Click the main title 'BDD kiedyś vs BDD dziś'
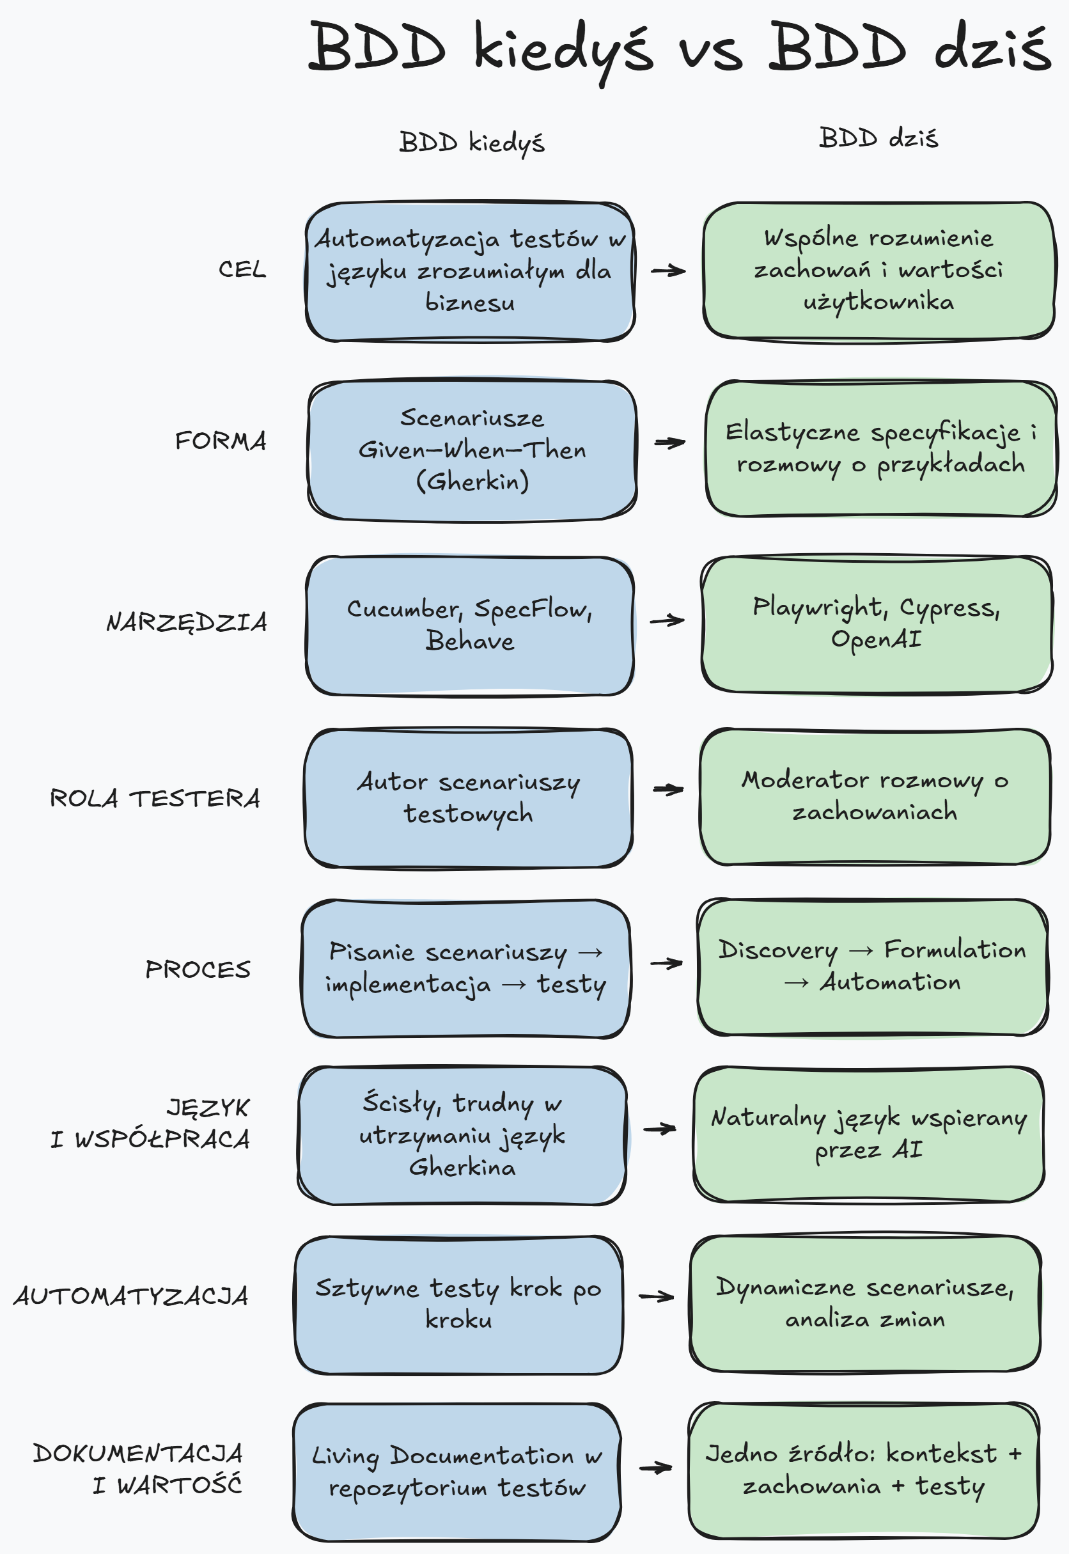click(x=678, y=48)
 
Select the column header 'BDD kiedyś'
click(x=472, y=143)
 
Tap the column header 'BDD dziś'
click(x=878, y=138)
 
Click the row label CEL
click(x=242, y=269)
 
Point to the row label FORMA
click(x=221, y=441)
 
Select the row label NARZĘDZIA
click(x=187, y=622)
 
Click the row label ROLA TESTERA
click(x=155, y=799)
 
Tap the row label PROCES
click(x=198, y=969)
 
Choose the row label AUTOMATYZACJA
click(x=131, y=1296)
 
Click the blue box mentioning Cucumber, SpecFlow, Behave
click(x=469, y=625)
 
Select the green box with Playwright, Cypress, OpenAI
click(x=876, y=624)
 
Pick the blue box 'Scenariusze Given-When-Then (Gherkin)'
click(x=472, y=450)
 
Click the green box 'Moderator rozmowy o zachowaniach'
click(x=874, y=796)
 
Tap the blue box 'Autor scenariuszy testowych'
click(x=468, y=797)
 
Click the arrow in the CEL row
click(x=667, y=271)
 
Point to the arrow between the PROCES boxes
click(x=666, y=964)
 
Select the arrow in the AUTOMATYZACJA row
click(x=656, y=1297)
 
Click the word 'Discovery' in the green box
click(x=777, y=950)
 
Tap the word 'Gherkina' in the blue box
click(x=462, y=1168)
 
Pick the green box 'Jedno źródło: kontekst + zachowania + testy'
click(x=863, y=1470)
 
